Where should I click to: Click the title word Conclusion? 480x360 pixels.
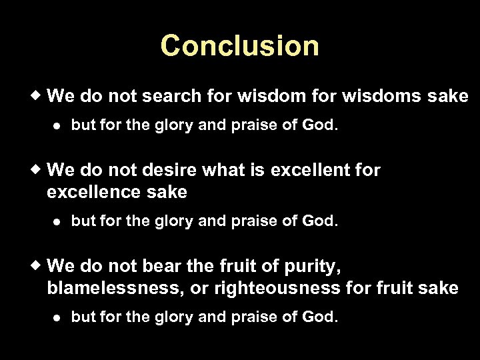240,46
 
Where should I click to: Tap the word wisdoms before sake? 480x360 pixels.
378,97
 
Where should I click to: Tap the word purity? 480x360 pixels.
315,267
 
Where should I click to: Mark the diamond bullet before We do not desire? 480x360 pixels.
39,169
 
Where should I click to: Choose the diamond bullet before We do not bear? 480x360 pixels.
39,265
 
